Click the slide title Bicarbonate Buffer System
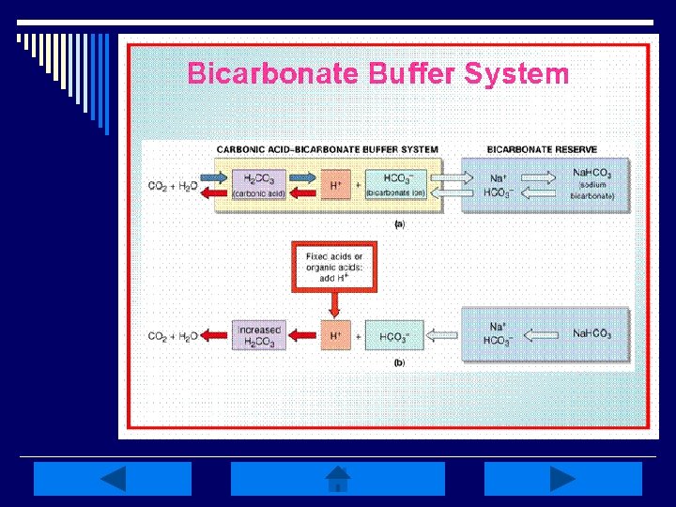tap(377, 73)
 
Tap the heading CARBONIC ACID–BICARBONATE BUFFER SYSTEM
tap(327, 149)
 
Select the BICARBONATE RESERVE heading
tap(542, 149)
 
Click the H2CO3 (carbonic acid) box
tap(258, 184)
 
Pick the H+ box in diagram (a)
tap(335, 185)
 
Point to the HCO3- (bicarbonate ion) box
tap(395, 184)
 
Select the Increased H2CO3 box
tap(259, 336)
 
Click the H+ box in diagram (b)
tap(335, 336)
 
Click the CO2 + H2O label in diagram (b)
tap(172, 336)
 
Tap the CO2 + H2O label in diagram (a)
tap(172, 187)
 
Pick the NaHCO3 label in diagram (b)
tap(591, 333)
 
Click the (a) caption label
tap(399, 224)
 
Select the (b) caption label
tap(399, 361)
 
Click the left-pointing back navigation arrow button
tap(113, 479)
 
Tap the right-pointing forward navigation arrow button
tap(562, 479)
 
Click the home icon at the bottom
tap(338, 479)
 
